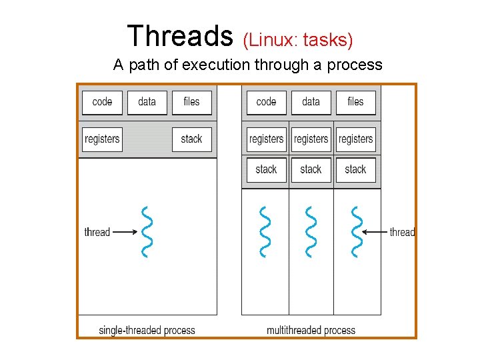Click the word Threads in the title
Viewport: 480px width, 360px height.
[x=179, y=36]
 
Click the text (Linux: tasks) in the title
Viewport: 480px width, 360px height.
[x=297, y=40]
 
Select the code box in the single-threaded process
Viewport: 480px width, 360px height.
[x=102, y=102]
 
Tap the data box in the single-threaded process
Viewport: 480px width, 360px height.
[x=147, y=102]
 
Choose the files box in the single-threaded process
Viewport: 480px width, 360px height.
[x=191, y=102]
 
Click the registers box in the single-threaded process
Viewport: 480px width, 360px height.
[x=102, y=139]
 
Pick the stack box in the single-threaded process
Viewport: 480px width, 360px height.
[x=191, y=139]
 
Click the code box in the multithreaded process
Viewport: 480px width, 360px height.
[x=266, y=102]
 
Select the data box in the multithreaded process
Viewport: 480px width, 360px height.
[x=311, y=102]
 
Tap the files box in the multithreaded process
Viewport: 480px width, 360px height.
[x=355, y=102]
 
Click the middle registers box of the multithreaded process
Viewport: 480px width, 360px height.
[x=311, y=139]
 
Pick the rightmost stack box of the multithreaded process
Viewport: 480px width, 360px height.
[x=355, y=169]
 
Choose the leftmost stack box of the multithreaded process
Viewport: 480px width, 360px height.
[x=266, y=169]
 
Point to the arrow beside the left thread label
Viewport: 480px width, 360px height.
[x=124, y=232]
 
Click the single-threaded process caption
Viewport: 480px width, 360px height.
[x=147, y=330]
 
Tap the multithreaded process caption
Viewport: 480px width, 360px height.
[x=311, y=330]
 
